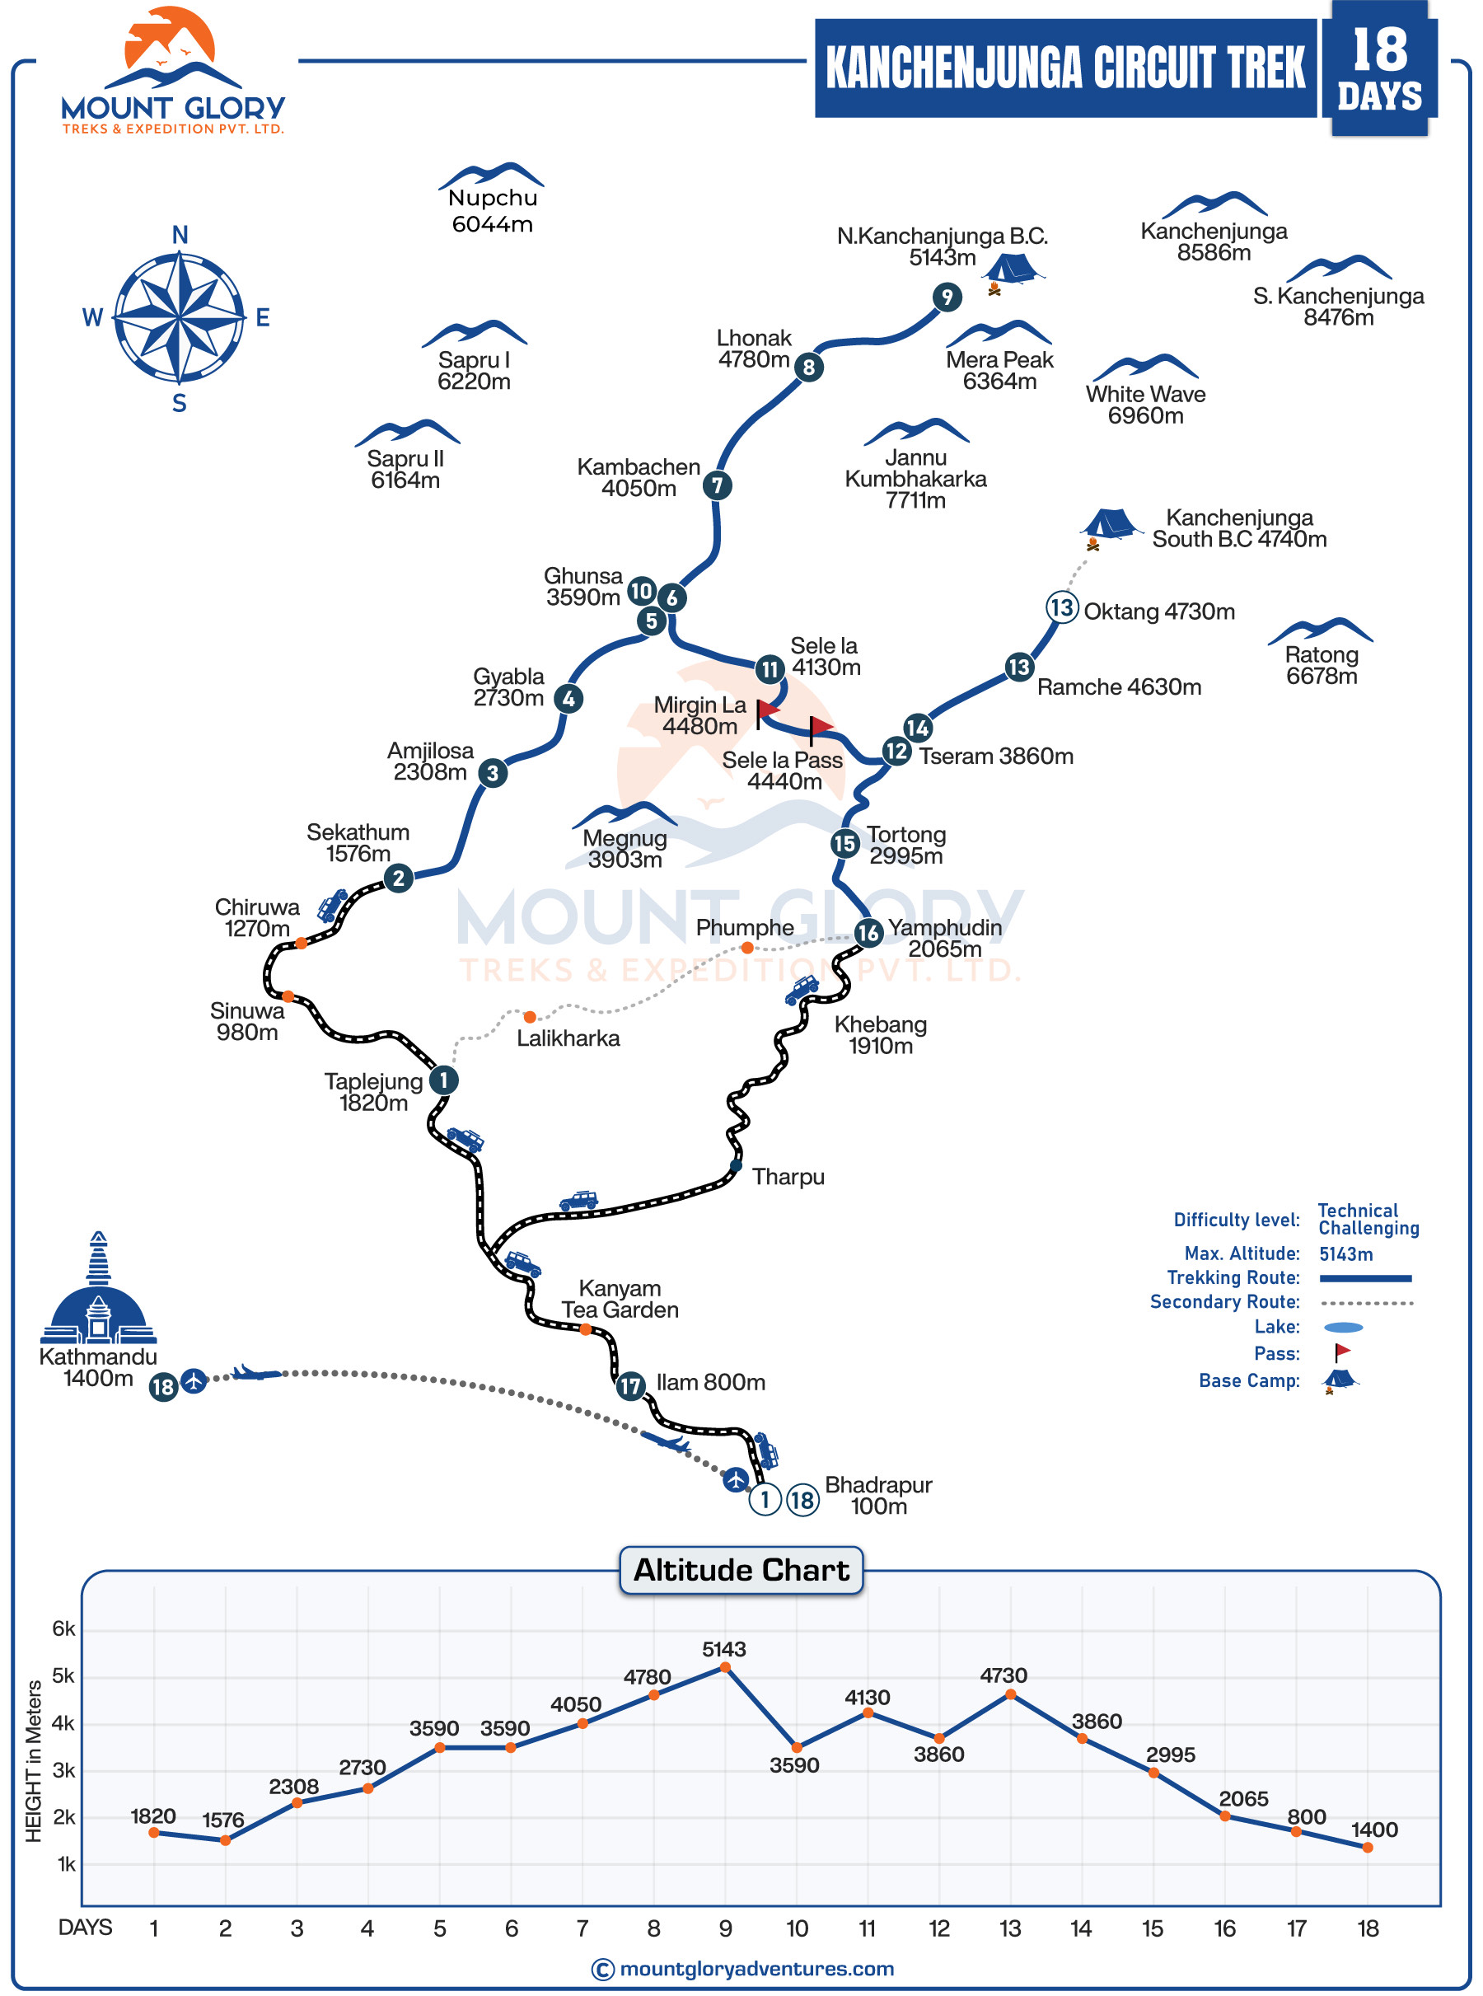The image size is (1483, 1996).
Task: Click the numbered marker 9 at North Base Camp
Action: [x=946, y=298]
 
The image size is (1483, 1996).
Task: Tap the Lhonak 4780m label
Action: [x=753, y=349]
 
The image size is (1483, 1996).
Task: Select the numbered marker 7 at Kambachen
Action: [x=716, y=485]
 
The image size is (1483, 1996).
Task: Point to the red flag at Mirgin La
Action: [x=767, y=710]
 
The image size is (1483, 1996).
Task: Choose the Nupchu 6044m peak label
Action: [x=492, y=210]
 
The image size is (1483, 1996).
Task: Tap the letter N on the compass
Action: [x=180, y=235]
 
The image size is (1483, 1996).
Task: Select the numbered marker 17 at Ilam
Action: [x=630, y=1385]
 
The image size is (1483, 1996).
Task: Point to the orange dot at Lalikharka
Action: [x=530, y=1016]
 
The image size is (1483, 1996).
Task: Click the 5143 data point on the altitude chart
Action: [x=725, y=1667]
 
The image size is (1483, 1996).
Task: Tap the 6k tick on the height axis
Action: [x=63, y=1628]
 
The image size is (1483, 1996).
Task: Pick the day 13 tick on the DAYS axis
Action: [x=1010, y=1928]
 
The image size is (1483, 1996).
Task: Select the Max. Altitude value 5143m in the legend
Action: [x=1345, y=1254]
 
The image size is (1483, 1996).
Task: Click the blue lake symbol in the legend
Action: [x=1342, y=1327]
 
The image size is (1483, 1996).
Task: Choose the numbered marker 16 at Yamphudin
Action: [x=868, y=933]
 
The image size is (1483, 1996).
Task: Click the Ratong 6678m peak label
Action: [x=1321, y=665]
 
